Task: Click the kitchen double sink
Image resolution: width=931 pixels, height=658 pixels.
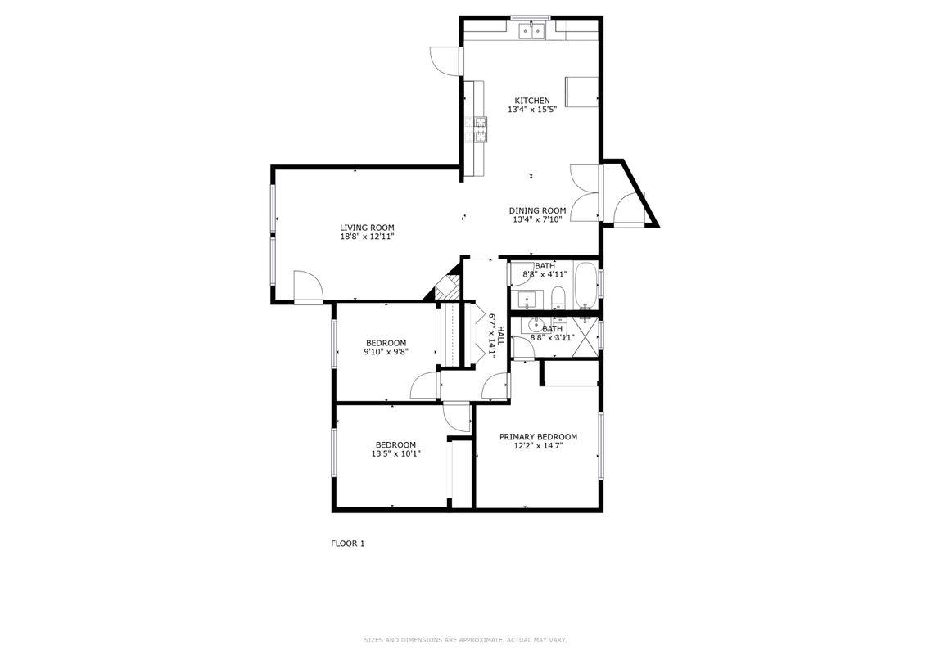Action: point(532,31)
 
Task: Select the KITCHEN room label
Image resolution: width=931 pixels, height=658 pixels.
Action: point(531,101)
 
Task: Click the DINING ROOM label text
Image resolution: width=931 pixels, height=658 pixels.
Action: point(537,210)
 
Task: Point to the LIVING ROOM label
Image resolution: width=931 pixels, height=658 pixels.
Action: point(367,228)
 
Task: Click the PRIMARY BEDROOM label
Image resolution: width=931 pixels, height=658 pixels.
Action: point(538,436)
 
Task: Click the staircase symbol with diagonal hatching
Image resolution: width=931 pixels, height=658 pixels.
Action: point(445,286)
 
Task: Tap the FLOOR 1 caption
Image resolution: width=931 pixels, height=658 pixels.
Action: point(347,543)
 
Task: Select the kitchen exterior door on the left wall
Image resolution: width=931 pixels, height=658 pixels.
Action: point(445,61)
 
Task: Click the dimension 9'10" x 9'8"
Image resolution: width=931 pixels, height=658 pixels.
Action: point(386,352)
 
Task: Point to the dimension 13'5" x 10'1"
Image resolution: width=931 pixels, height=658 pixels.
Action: point(395,453)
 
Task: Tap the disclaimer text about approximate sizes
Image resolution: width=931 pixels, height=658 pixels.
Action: point(465,640)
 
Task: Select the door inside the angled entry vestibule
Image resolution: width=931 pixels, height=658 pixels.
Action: point(630,208)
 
